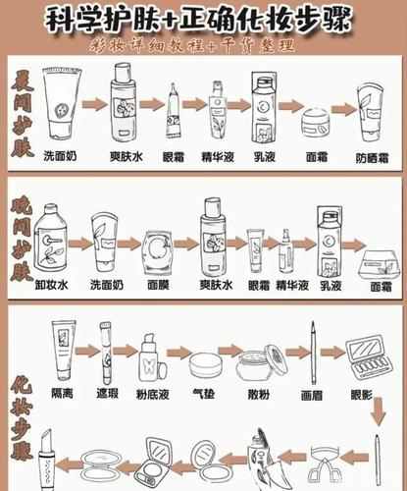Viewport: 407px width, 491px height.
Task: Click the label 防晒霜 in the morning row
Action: pyautogui.click(x=373, y=155)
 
